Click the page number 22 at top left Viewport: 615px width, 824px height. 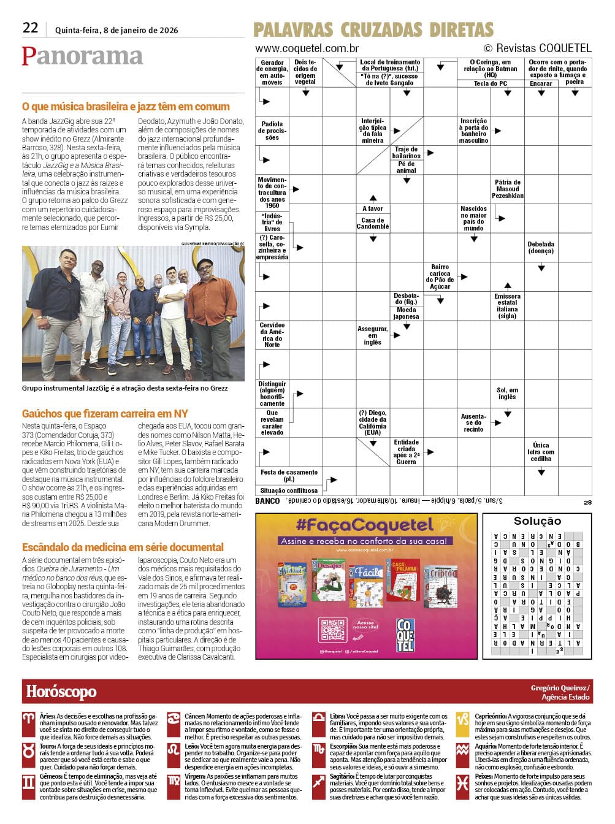pos(30,28)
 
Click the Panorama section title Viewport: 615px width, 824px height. pos(82,56)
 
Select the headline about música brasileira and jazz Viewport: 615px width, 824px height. pos(126,107)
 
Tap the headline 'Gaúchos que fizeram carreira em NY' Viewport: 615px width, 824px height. pos(105,414)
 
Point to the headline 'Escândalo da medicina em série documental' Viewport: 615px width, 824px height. pos(123,547)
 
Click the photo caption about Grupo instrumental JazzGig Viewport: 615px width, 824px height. pos(124,388)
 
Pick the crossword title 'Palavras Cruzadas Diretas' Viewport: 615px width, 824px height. pos(373,29)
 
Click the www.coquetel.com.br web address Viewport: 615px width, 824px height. pos(307,48)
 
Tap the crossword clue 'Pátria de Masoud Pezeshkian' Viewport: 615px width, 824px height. pos(507,189)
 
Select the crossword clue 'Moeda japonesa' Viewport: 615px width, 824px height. pos(406,313)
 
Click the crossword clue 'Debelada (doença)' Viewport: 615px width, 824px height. pos(541,248)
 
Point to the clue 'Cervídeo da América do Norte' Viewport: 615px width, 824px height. pos(272,335)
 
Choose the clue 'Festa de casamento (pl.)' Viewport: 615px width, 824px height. pos(289,476)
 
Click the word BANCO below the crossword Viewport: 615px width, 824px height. pos(267,501)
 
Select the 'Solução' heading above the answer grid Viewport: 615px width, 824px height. pos(537,521)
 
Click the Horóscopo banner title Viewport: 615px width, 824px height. pos(61,692)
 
